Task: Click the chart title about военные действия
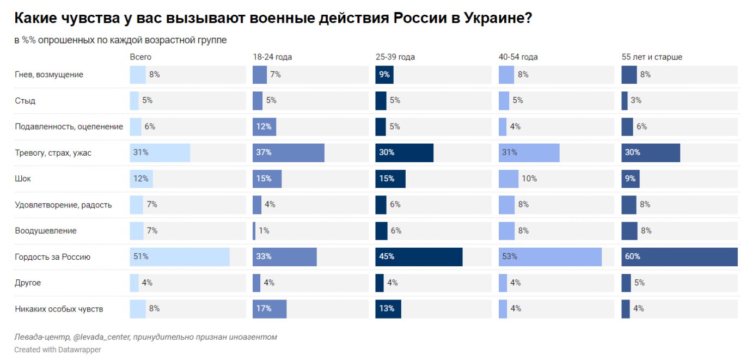273,19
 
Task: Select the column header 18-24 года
272,57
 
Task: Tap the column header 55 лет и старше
652,57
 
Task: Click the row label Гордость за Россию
52,257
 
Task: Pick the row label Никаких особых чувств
59,309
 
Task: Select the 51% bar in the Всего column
180,257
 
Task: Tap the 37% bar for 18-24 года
289,153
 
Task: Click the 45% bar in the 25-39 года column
419,257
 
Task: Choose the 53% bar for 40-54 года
550,257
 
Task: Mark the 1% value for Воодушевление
264,231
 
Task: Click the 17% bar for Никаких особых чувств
270,309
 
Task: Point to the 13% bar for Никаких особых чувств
388,309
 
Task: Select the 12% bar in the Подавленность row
265,127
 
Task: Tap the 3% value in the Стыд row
636,101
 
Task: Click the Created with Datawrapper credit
58,350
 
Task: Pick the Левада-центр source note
145,337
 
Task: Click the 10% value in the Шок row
529,179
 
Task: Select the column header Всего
140,57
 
